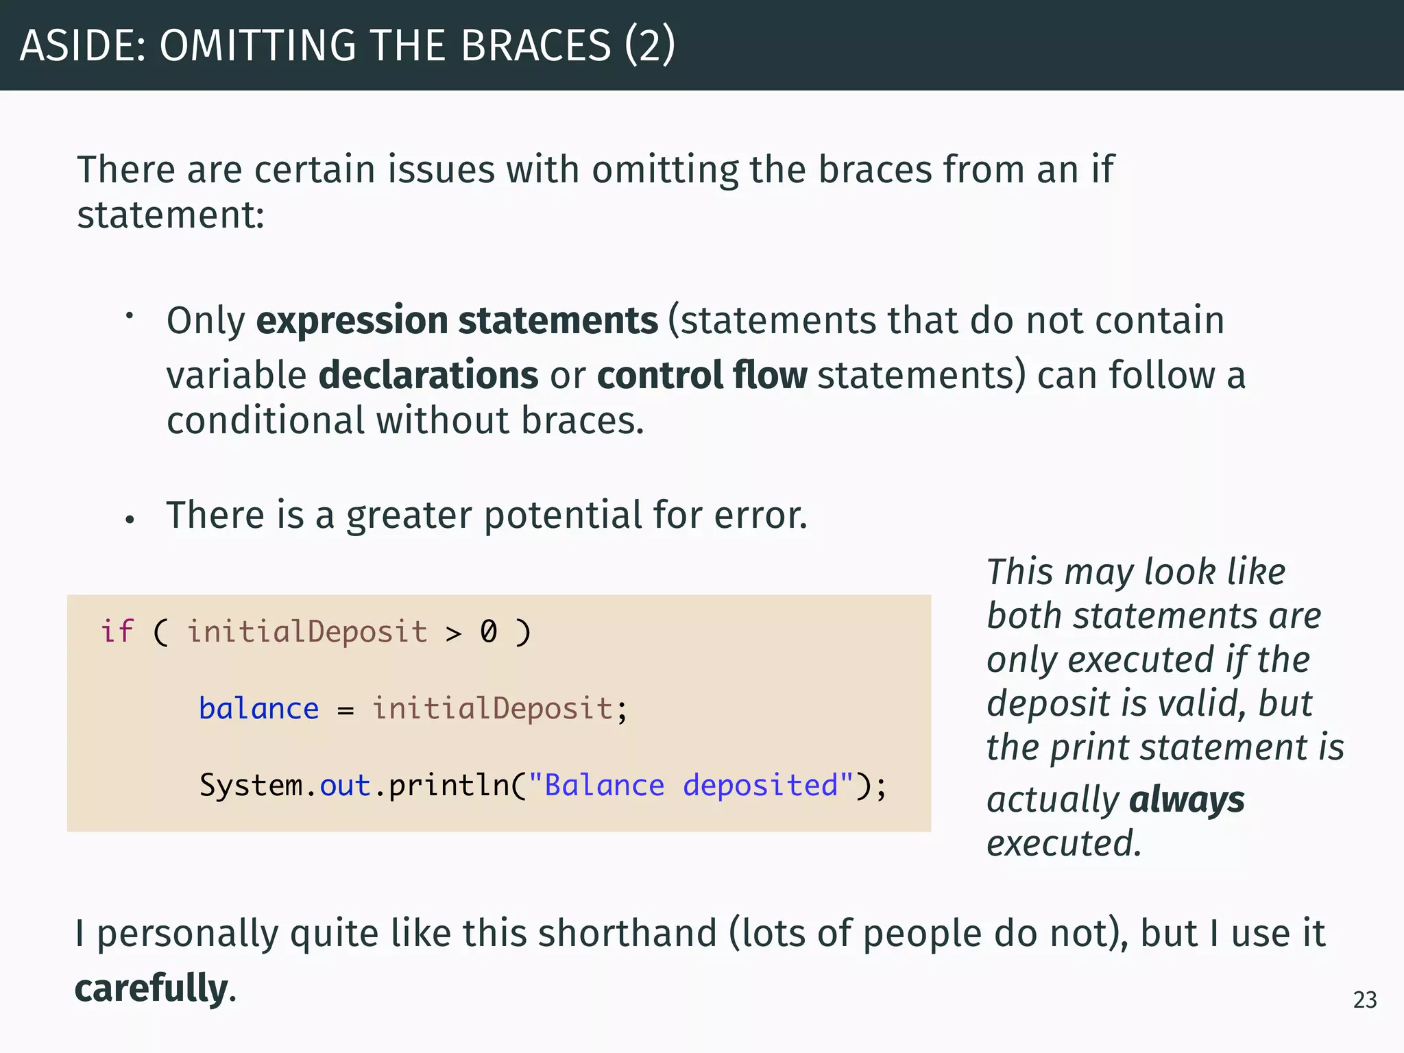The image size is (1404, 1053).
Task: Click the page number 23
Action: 1364,1000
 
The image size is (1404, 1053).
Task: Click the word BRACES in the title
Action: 535,45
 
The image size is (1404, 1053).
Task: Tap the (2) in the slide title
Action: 649,45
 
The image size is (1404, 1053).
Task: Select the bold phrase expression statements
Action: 457,321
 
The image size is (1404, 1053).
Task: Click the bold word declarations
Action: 428,375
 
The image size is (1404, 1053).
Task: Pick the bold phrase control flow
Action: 702,375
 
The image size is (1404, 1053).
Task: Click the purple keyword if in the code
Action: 117,631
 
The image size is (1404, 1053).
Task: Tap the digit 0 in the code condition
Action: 488,631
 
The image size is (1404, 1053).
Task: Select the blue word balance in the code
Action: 258,709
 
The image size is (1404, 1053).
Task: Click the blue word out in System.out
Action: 345,786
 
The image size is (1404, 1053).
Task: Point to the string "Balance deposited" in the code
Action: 691,786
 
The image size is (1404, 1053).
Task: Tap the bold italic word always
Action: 1186,800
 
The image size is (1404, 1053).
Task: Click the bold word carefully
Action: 151,989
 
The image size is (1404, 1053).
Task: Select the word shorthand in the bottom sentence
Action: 627,934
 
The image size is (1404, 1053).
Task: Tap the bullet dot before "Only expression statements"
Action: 129,316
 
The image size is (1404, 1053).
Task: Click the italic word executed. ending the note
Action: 1063,844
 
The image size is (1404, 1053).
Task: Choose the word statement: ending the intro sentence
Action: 170,215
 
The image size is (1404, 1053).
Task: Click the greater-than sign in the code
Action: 453,633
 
